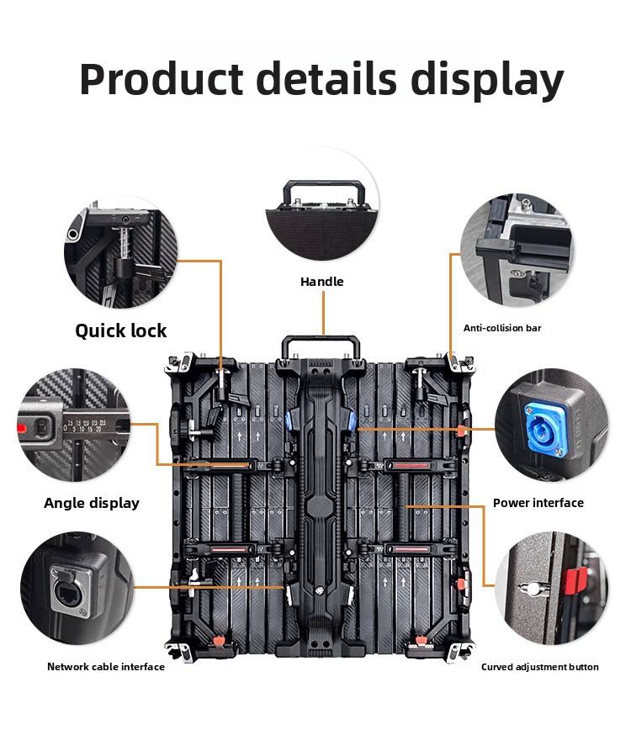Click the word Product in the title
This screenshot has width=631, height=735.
(x=161, y=79)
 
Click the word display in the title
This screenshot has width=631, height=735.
(x=487, y=81)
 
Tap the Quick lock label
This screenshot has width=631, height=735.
(x=121, y=330)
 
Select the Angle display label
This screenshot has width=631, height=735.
(x=92, y=503)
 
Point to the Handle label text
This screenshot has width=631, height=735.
(x=322, y=282)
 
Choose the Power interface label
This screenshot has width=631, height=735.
(x=538, y=503)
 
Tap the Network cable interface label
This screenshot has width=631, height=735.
(x=106, y=667)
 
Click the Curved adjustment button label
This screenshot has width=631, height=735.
(x=540, y=667)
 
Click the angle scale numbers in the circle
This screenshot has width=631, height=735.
(x=84, y=425)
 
